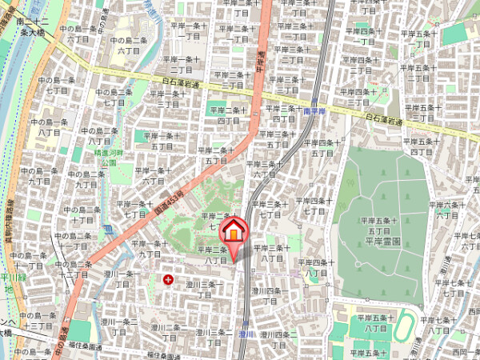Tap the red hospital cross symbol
tap(168, 279)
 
